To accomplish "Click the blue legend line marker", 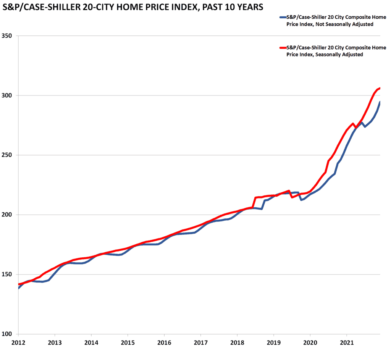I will click(283, 17).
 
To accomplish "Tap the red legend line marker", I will click(283, 48).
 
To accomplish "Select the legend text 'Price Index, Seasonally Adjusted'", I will click(325, 55).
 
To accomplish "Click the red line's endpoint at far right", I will click(380, 88).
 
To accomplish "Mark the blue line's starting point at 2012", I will click(18, 288).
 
